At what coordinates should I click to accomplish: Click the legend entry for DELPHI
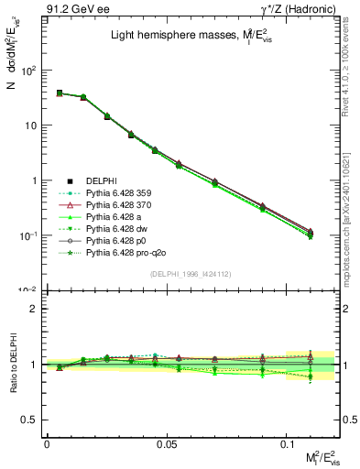tap(102, 180)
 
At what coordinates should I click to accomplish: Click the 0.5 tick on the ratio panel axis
tap(29, 420)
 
